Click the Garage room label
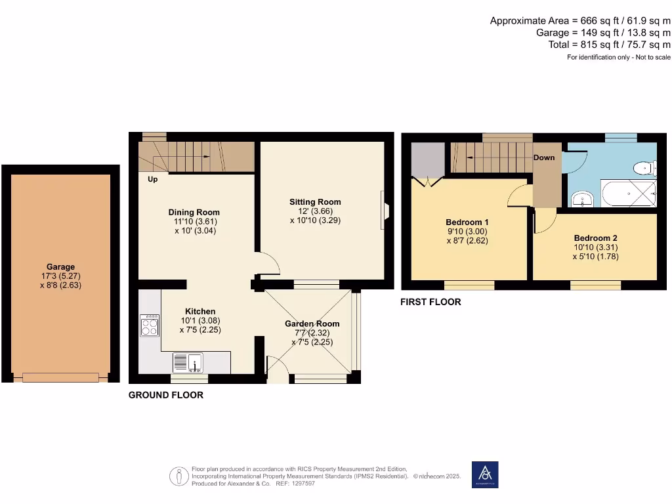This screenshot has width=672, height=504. point(60,267)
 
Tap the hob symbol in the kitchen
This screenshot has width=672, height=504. point(149,325)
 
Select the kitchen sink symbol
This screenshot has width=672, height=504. point(189,362)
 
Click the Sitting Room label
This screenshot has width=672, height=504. point(315,201)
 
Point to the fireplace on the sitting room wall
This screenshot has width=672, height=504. point(384,211)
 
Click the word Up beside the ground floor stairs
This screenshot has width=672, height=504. point(152,179)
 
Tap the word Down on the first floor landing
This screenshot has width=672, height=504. point(543,157)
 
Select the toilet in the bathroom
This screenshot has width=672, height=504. point(644,168)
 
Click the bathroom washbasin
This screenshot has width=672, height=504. point(581,198)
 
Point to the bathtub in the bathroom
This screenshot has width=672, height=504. point(629,195)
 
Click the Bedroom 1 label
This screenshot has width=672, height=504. point(467,222)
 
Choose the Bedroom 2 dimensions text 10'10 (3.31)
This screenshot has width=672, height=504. point(595,247)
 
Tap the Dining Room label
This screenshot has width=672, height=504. point(194,212)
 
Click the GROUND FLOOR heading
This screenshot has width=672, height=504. point(165,395)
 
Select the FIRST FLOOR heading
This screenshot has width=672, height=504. point(431,302)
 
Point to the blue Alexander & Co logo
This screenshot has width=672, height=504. point(485,474)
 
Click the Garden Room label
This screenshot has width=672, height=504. point(312,324)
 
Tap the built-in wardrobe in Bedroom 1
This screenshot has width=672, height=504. point(427,161)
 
